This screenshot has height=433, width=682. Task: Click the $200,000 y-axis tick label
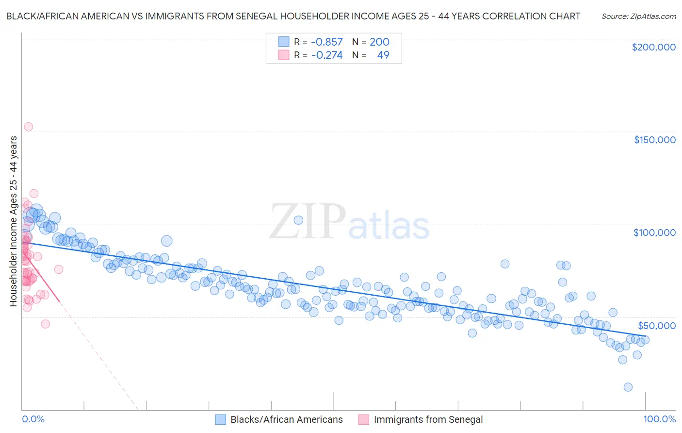[653, 47]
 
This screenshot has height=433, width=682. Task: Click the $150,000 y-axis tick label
[654, 140]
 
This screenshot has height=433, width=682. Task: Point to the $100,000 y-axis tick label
[654, 233]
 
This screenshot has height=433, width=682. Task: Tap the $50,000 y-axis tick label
[656, 325]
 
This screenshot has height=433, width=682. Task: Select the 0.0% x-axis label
[33, 419]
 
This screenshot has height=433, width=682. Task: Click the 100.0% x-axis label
[659, 419]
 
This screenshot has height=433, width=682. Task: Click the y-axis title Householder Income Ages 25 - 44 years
[13, 221]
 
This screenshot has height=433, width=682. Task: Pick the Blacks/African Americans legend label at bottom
[286, 419]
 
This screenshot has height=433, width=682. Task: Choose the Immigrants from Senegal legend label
[428, 419]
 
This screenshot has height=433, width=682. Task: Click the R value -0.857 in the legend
[326, 42]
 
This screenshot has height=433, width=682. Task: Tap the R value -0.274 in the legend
[326, 55]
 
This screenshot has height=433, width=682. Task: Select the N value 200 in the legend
[379, 42]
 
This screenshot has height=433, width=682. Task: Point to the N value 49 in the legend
[383, 55]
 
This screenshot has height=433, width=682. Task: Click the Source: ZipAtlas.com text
[638, 17]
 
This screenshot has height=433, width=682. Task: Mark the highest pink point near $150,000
[28, 127]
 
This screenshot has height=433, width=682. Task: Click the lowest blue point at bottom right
[628, 387]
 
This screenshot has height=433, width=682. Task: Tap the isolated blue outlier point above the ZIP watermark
[298, 220]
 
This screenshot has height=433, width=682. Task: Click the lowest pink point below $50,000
[45, 324]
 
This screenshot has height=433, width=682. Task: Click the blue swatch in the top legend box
[284, 42]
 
